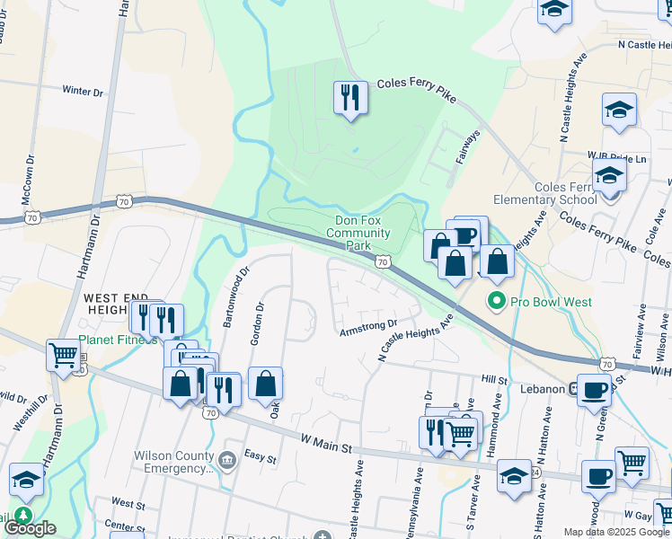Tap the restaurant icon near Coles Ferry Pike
pos(349,97)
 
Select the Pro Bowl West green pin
pos(495,302)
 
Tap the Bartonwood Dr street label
pos(234,296)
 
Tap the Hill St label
pos(494,381)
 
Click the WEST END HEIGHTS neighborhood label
pos(111,303)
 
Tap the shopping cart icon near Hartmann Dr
pos(63,355)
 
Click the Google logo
pos(30,528)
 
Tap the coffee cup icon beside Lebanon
pos(594,390)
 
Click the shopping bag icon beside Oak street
pos(266,383)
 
